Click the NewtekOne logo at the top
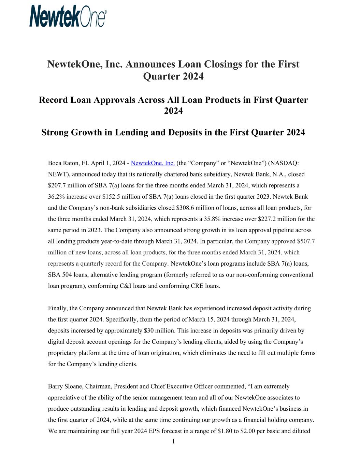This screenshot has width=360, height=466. [x=68, y=16]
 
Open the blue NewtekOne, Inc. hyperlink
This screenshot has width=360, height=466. [x=153, y=163]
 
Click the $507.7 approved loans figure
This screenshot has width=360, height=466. [x=306, y=241]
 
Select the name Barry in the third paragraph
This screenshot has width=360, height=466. [x=55, y=386]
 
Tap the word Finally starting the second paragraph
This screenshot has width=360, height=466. [x=58, y=308]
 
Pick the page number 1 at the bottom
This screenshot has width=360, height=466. [x=173, y=441]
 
